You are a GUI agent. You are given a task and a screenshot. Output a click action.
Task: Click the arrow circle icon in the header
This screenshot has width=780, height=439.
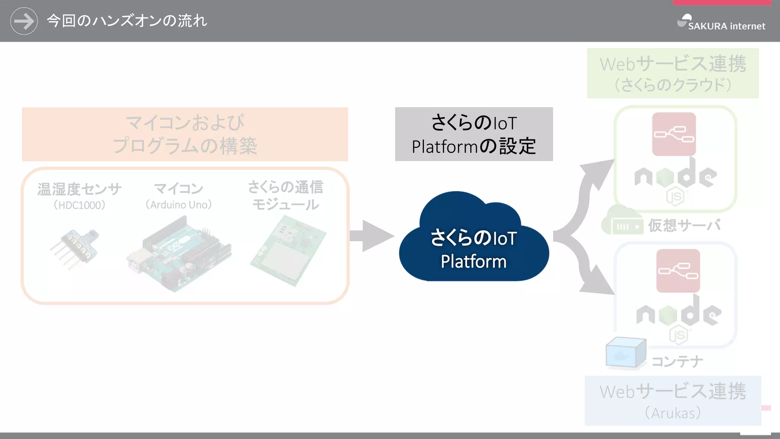(x=24, y=21)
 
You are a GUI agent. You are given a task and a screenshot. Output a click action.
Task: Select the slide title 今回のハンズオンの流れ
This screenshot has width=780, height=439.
(x=127, y=21)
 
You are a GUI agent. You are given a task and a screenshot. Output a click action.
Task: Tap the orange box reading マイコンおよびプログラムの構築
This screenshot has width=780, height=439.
(x=185, y=134)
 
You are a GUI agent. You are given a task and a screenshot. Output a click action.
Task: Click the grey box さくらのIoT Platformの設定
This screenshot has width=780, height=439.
(x=474, y=134)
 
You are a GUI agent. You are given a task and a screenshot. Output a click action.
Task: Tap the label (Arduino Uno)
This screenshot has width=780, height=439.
(x=179, y=205)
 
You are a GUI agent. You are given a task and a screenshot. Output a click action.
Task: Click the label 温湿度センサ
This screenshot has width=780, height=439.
(x=79, y=189)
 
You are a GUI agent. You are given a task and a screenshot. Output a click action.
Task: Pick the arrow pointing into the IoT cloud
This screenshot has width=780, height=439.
(x=371, y=236)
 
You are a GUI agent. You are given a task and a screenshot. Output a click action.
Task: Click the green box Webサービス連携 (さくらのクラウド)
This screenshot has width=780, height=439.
(x=673, y=73)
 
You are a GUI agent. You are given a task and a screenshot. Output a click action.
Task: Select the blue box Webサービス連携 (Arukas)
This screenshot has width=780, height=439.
(x=673, y=401)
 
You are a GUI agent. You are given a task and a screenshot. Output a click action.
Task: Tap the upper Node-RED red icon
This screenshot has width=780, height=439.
(x=674, y=134)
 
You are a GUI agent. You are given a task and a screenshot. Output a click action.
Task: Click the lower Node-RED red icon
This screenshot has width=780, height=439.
(x=678, y=271)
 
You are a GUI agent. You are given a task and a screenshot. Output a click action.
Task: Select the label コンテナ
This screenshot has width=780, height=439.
(x=677, y=361)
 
